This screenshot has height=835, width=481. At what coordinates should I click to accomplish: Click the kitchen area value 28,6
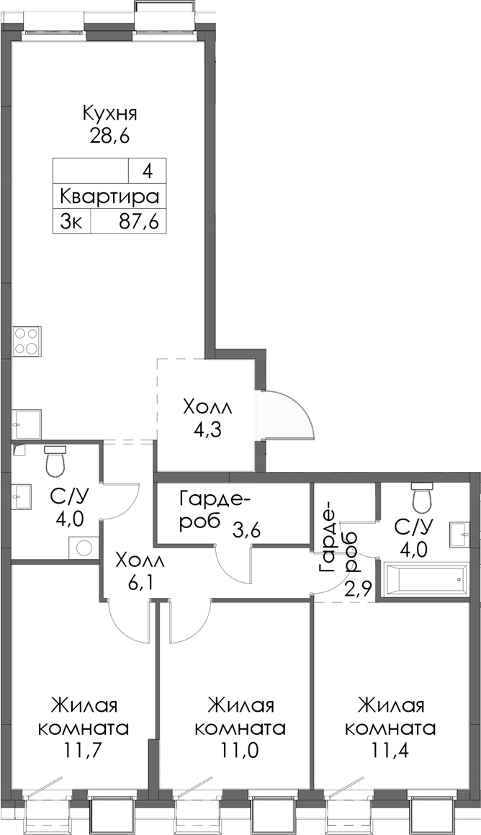point(109,136)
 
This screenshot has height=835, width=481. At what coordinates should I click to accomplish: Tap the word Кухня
point(109,114)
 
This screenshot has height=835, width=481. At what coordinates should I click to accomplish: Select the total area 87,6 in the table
point(138,221)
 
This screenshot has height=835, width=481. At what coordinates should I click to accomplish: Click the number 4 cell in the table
point(147,172)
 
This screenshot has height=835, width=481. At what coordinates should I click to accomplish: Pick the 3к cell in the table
point(71,221)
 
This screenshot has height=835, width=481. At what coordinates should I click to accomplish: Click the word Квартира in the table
point(109,197)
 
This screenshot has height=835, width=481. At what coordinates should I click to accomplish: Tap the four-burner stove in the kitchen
point(27,341)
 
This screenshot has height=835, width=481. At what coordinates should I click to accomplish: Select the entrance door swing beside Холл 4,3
point(288,416)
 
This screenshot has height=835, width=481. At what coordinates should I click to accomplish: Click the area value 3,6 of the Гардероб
point(246,531)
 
